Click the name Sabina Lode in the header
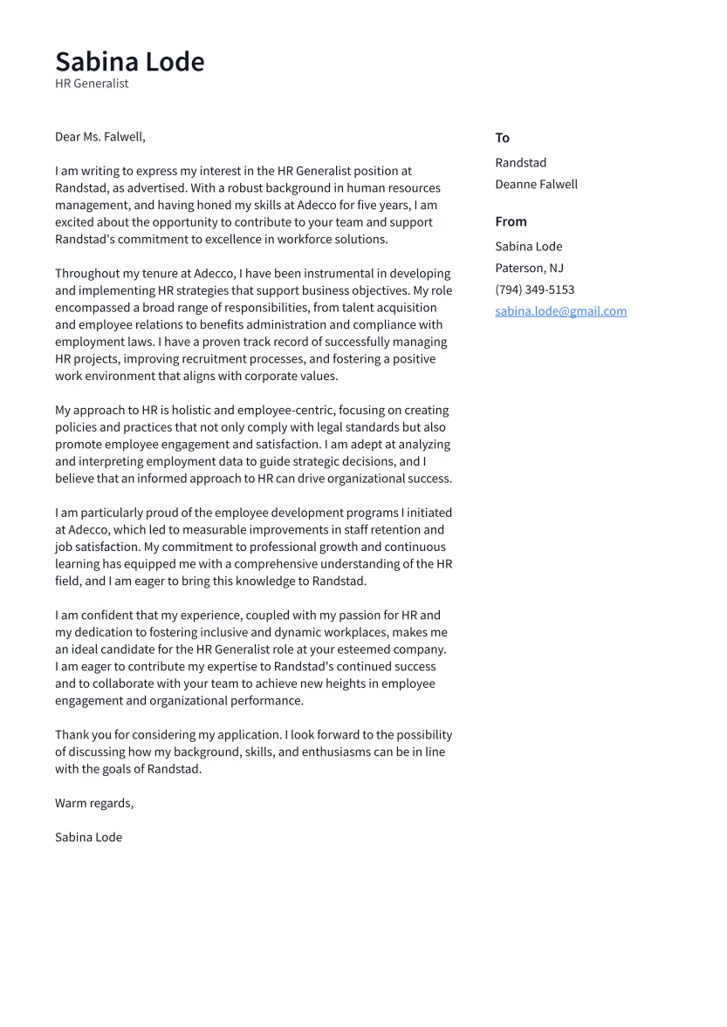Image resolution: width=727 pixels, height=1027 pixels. (130, 62)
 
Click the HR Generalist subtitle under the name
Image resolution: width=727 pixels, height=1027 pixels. (92, 84)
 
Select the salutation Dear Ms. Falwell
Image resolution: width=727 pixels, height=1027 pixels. (100, 137)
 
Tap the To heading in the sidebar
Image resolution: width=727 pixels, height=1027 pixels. (503, 138)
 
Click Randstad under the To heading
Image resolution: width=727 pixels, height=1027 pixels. (521, 163)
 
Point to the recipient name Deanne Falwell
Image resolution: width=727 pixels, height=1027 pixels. (537, 185)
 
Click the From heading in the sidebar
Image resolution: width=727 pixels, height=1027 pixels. (511, 221)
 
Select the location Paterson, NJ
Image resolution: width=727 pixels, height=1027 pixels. (530, 269)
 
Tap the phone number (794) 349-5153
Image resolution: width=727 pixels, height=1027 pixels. (535, 290)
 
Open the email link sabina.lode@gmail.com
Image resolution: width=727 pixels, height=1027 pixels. (561, 311)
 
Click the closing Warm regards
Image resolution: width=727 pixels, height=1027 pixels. (94, 803)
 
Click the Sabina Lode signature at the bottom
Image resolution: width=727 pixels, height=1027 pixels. (89, 838)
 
